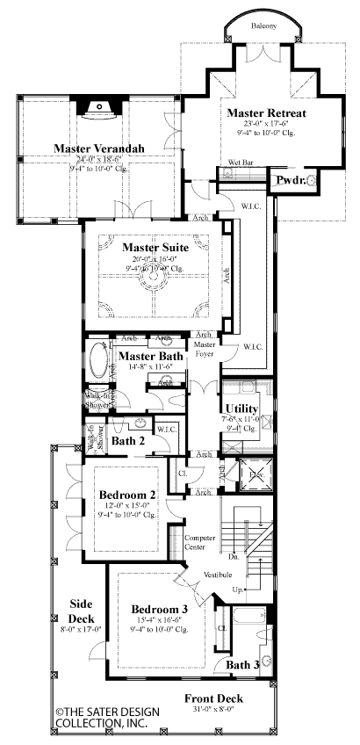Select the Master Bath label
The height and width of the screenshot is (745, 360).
(150, 355)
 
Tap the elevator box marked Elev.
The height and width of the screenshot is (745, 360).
(234, 474)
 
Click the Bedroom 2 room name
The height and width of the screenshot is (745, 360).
(127, 495)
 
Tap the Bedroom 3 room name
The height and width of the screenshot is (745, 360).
(160, 609)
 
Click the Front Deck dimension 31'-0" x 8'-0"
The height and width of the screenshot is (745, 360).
(213, 711)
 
